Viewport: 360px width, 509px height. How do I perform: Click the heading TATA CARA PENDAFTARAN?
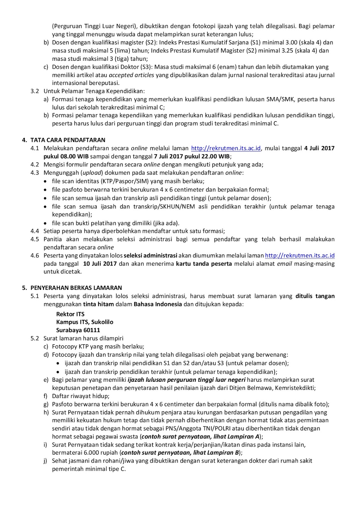[68, 140]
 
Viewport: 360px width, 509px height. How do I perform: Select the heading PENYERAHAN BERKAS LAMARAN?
[76, 288]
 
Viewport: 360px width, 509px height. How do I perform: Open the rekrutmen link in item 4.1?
[226, 148]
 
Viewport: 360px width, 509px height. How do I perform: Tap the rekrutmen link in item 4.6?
[300, 255]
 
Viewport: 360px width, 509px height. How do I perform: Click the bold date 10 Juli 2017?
[100, 264]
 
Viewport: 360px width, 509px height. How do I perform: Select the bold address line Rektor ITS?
[70, 314]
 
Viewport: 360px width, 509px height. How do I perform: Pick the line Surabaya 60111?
[78, 330]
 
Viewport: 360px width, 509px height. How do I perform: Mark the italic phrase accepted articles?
[131, 75]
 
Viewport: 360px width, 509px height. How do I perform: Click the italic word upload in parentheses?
[92, 173]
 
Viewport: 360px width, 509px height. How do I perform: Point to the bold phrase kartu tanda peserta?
[204, 264]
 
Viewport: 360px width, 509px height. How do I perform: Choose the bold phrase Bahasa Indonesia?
[158, 304]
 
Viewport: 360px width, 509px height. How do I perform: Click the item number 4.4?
[35, 231]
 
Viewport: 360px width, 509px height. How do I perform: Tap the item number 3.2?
[35, 91]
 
